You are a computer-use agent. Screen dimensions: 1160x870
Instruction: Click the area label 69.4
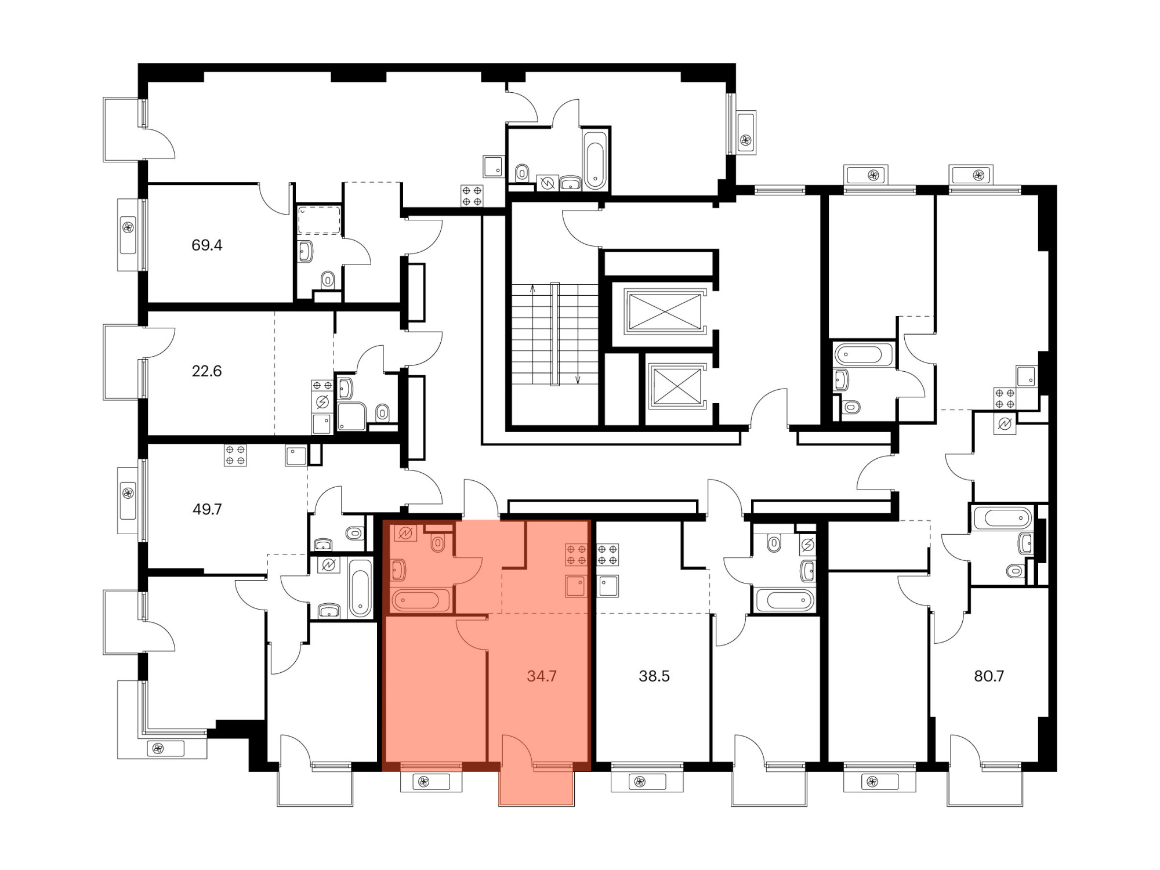coord(207,245)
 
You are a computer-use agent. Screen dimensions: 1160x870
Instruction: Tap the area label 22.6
coord(207,371)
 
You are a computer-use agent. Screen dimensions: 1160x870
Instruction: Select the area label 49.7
coord(207,509)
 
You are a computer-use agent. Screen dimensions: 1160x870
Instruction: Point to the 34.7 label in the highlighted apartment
coord(542,676)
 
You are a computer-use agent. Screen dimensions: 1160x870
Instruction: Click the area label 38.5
coord(654,676)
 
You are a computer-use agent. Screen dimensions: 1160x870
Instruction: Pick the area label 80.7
coord(989,676)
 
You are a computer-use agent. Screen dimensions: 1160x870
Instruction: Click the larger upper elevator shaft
coord(665,311)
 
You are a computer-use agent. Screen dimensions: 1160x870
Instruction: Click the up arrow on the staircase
coord(532,333)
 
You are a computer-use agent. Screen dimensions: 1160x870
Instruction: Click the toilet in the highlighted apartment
coord(438,543)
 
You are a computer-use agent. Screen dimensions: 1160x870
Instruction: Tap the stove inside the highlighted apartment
coord(576,554)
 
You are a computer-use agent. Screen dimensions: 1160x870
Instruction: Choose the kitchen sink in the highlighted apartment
coord(576,586)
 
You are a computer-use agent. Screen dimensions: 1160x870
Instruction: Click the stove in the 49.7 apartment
coord(235,455)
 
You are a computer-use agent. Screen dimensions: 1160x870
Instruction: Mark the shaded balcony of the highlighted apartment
coord(536,788)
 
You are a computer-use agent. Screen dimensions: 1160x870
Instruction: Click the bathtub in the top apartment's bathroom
coord(595,159)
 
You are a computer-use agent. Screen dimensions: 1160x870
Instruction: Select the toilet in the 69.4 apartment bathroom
coord(328,281)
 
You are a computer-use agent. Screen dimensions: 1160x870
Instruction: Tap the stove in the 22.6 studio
coord(322,386)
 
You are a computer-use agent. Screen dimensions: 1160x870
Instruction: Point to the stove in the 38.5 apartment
coord(608,554)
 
